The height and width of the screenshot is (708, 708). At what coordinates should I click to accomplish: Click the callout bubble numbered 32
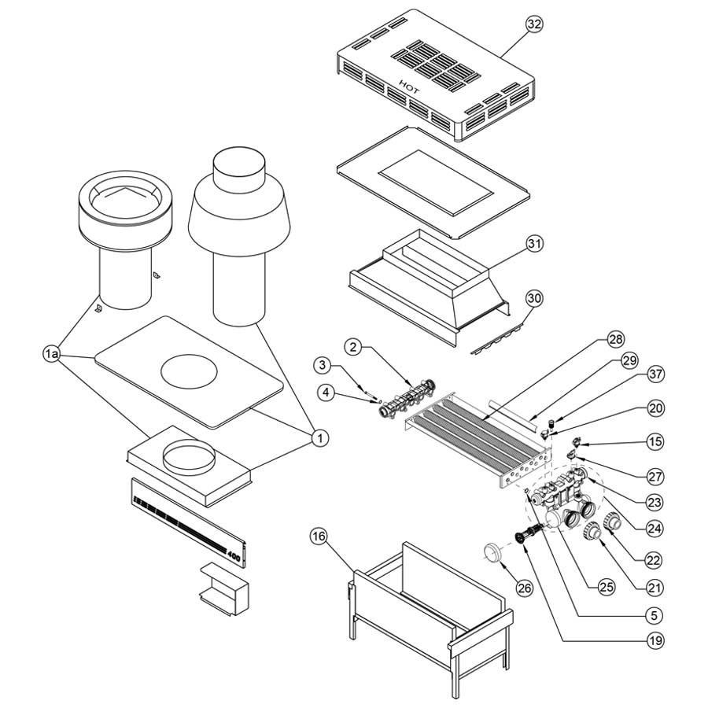pos(534,24)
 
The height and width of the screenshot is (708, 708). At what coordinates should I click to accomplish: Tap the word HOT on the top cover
pos(409,86)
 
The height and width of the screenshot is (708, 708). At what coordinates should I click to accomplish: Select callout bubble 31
pos(534,244)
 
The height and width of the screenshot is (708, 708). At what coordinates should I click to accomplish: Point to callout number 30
pos(534,299)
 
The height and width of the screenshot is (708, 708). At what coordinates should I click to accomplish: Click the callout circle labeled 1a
pos(52,356)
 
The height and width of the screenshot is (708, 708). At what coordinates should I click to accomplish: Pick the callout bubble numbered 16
pos(318,537)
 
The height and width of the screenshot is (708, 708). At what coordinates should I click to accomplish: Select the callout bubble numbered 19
pos(654,640)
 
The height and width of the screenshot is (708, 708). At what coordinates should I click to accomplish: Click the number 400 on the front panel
pos(234,555)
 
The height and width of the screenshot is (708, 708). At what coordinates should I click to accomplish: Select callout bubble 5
pos(654,614)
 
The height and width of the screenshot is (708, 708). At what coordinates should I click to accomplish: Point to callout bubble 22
pos(654,560)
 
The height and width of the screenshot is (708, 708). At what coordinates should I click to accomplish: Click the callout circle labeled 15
pos(654,442)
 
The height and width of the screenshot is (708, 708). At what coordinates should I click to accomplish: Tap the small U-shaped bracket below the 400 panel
pos(223,587)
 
